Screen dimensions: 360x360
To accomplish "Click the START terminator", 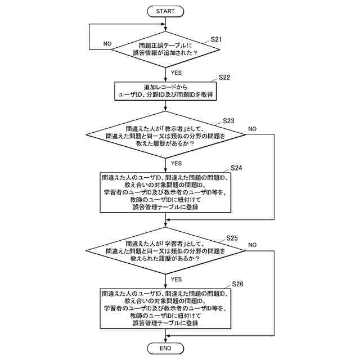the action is tap(165, 11).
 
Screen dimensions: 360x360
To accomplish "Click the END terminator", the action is tap(165, 348).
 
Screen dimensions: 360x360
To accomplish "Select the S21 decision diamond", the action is tap(165, 49).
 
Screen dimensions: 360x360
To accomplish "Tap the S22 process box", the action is tap(165, 91).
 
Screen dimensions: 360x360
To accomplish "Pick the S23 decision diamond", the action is tap(165, 135).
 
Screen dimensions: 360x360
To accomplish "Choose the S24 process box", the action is tap(165, 192).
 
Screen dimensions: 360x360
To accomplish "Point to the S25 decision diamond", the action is tap(165, 251).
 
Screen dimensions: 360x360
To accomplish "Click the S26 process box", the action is tap(165, 308).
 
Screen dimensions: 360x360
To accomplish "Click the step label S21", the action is tap(216, 39).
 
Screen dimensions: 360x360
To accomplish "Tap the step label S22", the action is tap(224, 78).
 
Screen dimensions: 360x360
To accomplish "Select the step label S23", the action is tap(228, 121).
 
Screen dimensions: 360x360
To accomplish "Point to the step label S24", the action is tap(236, 168).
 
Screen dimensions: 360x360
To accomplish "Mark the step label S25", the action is tap(232, 238).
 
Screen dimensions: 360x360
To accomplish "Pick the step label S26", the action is tap(237, 284).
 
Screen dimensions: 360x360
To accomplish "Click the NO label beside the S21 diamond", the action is tap(107, 44).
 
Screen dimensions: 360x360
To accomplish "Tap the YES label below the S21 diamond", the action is tap(176, 73).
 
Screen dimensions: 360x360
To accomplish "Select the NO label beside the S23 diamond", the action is tap(252, 129).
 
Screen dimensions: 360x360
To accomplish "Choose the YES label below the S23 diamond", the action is tap(176, 164).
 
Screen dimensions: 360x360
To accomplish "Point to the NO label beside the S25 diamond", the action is tap(252, 245).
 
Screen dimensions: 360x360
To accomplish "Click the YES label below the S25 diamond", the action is tap(176, 280).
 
